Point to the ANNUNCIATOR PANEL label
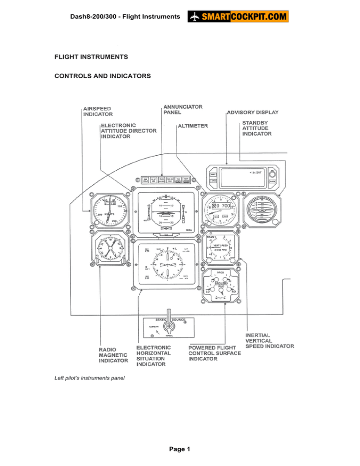183,109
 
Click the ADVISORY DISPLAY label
253,113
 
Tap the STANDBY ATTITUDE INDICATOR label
256,128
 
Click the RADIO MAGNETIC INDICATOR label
113,355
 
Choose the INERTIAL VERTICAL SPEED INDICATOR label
270,340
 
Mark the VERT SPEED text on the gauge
220,245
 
